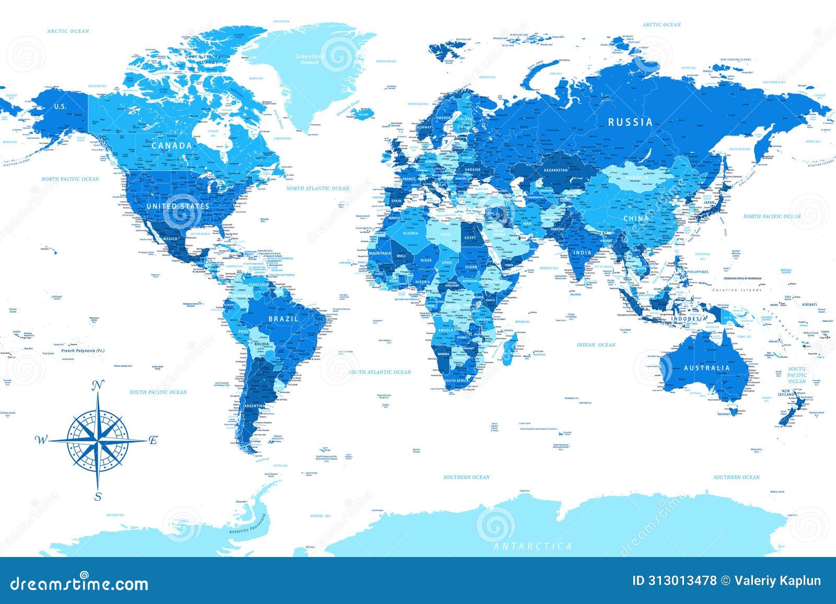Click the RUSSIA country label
[x=630, y=122]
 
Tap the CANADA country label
[x=172, y=146]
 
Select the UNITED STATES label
[x=178, y=206]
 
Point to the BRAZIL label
[x=284, y=318]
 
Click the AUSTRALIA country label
[x=707, y=368]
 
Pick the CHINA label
[x=635, y=218]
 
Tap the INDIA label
[x=582, y=252]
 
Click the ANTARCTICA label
[x=532, y=546]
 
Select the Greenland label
[x=310, y=56]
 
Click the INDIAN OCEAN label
[x=596, y=345]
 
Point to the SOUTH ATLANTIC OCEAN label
[x=380, y=372]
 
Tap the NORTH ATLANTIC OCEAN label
[x=318, y=188]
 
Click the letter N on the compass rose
[x=97, y=386]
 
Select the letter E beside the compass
[x=153, y=440]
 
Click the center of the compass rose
[x=98, y=440]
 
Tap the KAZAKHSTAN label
[x=555, y=170]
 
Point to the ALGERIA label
[x=410, y=233]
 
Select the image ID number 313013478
[x=681, y=581]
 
